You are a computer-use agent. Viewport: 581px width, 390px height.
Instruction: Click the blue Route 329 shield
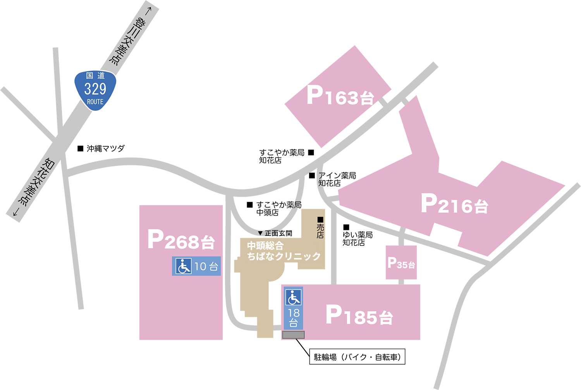click(95, 90)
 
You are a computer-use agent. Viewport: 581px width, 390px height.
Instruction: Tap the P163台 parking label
click(340, 95)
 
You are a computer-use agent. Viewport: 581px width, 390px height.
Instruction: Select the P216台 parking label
click(454, 204)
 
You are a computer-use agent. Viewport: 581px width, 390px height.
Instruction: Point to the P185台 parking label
click(359, 315)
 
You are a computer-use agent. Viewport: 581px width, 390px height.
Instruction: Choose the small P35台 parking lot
click(401, 263)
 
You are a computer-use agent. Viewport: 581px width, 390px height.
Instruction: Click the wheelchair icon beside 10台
click(184, 266)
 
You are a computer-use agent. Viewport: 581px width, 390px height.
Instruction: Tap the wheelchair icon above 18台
click(293, 297)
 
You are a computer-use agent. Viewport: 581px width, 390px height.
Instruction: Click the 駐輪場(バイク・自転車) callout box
click(357, 357)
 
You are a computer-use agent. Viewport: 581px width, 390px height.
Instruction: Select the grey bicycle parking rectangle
click(293, 335)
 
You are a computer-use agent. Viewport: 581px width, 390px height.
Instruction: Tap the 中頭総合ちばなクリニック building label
click(284, 251)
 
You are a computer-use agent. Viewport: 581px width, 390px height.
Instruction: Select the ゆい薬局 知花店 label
click(357, 238)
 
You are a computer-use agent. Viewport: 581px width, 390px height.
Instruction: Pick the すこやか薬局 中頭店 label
click(278, 208)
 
